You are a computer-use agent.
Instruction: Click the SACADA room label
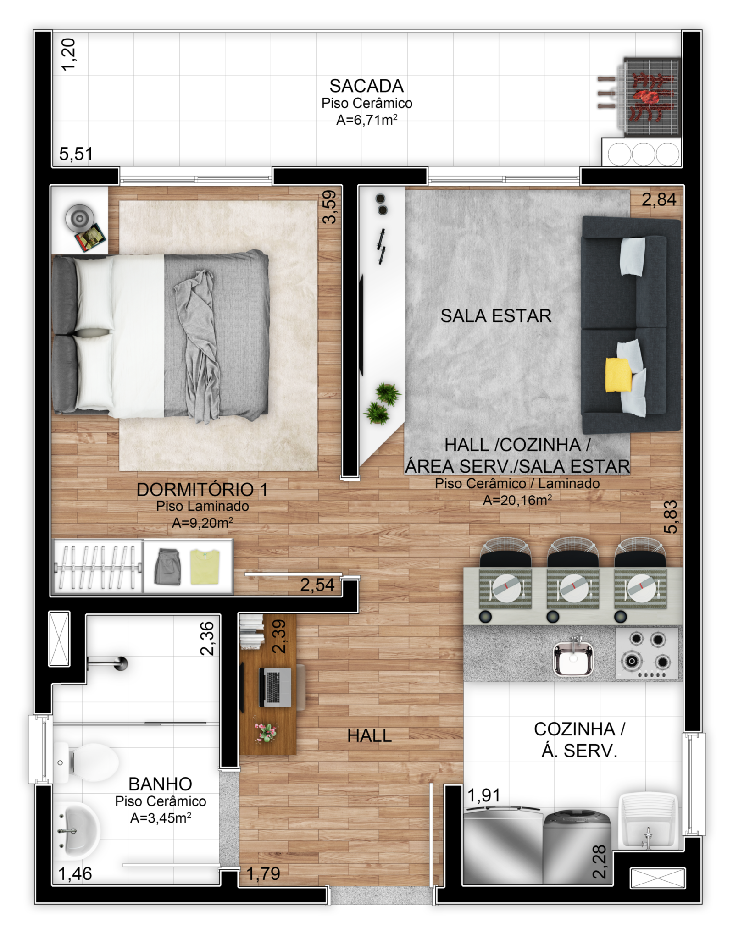click(x=366, y=86)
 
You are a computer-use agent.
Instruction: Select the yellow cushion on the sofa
click(x=618, y=375)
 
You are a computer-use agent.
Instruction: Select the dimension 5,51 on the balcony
click(x=76, y=154)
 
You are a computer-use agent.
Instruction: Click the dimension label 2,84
click(x=659, y=199)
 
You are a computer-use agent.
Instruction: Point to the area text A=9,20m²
click(x=202, y=523)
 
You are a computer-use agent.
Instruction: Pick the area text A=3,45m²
click(x=161, y=818)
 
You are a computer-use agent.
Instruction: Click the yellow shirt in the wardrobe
click(x=205, y=567)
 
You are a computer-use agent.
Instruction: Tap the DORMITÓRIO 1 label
click(x=202, y=490)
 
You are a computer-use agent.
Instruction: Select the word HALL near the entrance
click(x=369, y=736)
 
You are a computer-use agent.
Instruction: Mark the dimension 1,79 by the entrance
click(x=263, y=874)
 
